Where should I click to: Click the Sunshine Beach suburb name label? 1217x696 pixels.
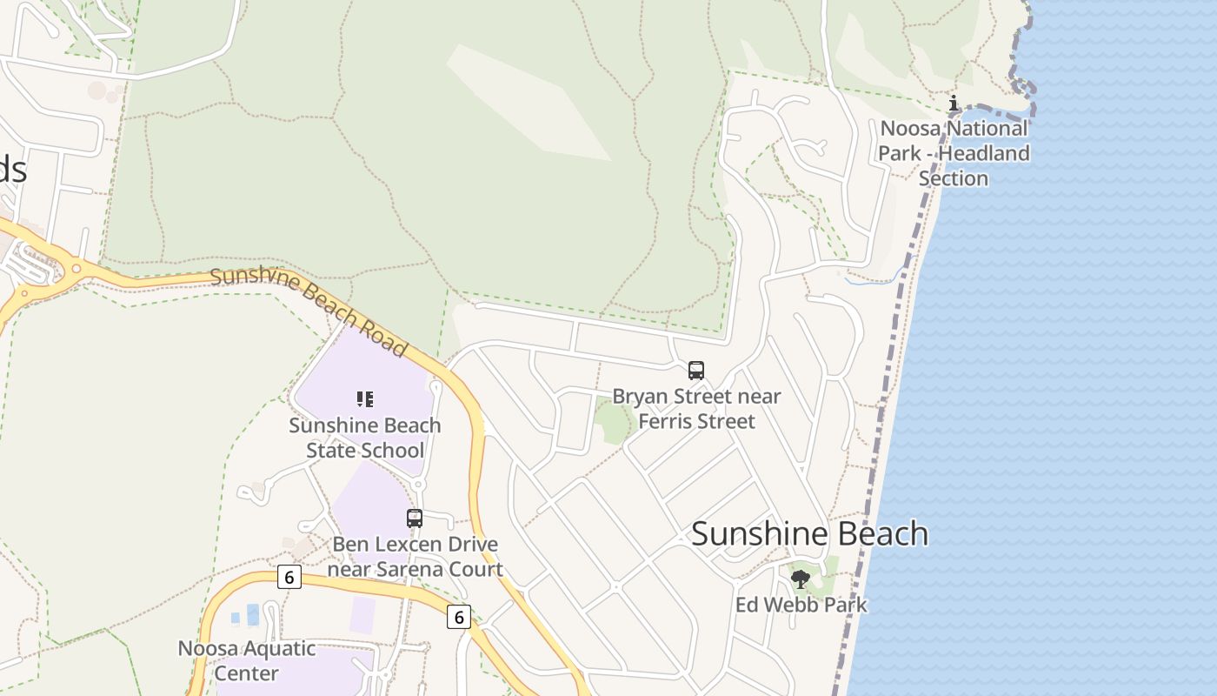[809, 533]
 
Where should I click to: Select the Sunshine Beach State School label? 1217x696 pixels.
[365, 438]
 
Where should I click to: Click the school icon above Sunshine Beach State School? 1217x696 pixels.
[365, 399]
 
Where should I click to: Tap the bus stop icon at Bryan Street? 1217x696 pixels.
[696, 371]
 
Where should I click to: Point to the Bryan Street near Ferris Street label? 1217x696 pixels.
[696, 409]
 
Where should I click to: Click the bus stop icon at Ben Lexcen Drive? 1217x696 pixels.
[415, 519]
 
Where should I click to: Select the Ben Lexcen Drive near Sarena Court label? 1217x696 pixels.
[416, 557]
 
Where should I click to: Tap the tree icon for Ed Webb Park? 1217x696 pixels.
[801, 578]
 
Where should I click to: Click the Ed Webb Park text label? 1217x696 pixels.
[801, 605]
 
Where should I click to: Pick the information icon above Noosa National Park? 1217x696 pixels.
[954, 104]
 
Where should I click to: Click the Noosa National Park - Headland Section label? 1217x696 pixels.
[954, 153]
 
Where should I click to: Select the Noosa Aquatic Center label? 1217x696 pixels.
[247, 660]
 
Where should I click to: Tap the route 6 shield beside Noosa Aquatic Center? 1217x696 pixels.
[289, 576]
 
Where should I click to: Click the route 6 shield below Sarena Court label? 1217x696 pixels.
[459, 617]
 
